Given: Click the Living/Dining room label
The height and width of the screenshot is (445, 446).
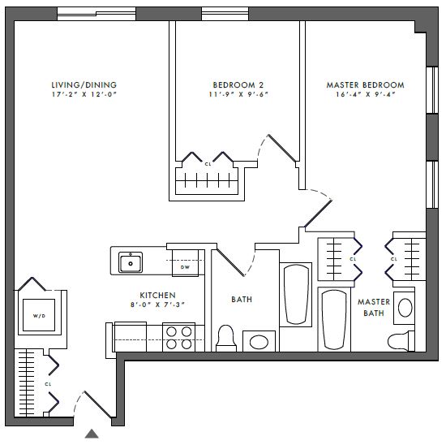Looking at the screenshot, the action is click(x=84, y=85).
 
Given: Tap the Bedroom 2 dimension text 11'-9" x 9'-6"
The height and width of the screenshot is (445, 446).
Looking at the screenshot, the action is click(x=238, y=94).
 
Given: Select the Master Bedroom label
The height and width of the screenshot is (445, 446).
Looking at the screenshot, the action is click(x=365, y=85).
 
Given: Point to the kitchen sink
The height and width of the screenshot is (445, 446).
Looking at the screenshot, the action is click(x=131, y=262).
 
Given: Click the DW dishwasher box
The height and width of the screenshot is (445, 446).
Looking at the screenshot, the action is click(x=185, y=263).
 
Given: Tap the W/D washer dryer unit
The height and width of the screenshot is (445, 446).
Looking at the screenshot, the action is click(x=39, y=315).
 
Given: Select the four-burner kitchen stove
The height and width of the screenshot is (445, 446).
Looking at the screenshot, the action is click(x=178, y=337).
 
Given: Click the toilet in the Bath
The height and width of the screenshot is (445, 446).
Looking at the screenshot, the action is click(x=226, y=339).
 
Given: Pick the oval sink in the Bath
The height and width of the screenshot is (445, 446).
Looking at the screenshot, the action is click(x=259, y=342).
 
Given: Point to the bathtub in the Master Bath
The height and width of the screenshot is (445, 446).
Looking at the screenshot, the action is click(x=334, y=319).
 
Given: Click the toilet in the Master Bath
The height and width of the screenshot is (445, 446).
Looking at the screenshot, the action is click(x=401, y=341).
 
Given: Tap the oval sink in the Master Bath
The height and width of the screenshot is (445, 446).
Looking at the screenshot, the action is click(x=405, y=308).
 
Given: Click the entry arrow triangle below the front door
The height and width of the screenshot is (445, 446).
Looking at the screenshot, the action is click(x=92, y=434).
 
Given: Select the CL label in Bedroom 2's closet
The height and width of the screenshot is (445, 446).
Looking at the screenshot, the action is click(x=208, y=164).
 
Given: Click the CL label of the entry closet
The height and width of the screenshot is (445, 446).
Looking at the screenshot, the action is click(x=48, y=384).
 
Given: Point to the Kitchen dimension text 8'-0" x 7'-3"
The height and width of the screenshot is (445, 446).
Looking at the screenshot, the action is click(x=157, y=305).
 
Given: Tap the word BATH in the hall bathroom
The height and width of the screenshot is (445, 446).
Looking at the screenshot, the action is click(x=242, y=300).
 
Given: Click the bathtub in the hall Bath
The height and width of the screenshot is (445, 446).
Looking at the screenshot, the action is click(x=296, y=294).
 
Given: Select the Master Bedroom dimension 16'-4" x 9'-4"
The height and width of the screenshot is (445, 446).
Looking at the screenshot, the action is click(x=365, y=94).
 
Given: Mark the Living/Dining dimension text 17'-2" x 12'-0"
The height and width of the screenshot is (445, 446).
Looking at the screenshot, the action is click(x=84, y=94).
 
